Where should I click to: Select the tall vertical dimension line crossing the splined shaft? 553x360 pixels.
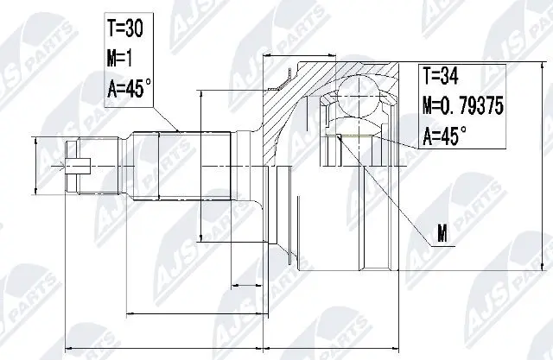[200, 164]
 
